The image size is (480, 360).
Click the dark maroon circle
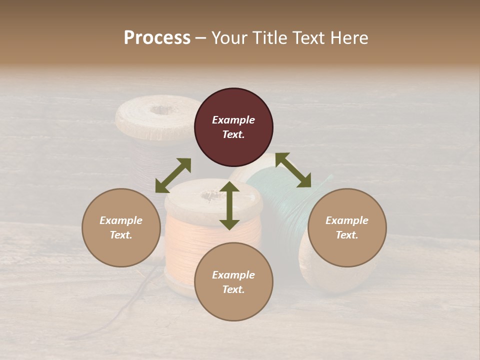tap(233, 127)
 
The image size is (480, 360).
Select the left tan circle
tap(121, 228)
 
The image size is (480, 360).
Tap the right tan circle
tap(347, 228)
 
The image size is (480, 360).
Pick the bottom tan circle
tap(233, 282)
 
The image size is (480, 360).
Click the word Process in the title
tap(157, 37)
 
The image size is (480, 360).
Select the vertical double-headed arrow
tap(229, 205)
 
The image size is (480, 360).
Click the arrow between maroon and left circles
tap(173, 175)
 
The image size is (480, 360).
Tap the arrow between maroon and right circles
tap(293, 170)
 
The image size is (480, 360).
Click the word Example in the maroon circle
tap(233, 120)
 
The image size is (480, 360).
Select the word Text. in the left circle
tap(121, 235)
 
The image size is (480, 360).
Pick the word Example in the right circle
tap(347, 220)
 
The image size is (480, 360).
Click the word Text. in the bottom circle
tap(233, 289)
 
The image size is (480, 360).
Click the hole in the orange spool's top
tap(206, 195)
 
